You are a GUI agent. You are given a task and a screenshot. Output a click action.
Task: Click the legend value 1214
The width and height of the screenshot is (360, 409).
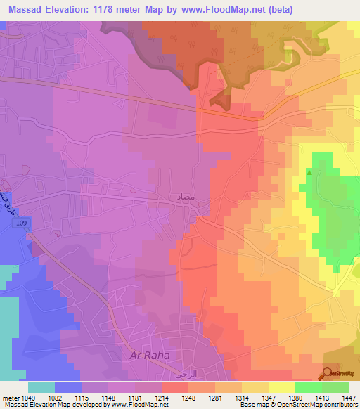coord(162,397)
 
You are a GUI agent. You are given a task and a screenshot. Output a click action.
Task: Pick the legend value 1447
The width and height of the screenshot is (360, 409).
coord(347,397)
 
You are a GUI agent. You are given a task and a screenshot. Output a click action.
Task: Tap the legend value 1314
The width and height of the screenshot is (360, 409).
coord(241,397)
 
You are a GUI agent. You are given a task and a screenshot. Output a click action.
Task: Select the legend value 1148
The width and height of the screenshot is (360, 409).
coord(109,397)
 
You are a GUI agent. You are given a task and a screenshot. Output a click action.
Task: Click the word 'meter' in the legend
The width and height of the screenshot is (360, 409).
coord(10,397)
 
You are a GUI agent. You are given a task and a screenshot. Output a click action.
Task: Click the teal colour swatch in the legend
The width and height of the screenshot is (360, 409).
coord(41,387)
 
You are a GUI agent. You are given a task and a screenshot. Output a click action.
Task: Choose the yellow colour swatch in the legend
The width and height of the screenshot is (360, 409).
coord(282,387)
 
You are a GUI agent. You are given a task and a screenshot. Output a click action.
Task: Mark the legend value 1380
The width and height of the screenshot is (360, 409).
coord(295,397)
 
